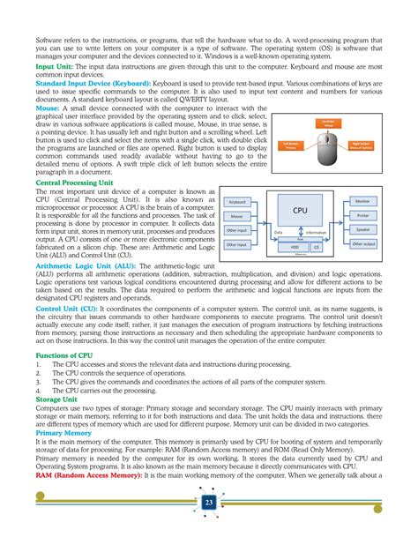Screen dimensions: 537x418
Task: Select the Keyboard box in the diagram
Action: pos(238,202)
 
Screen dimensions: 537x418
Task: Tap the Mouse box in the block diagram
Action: pos(238,215)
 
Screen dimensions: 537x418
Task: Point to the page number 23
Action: pos(209,502)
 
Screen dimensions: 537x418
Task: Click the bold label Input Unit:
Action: pos(54,66)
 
